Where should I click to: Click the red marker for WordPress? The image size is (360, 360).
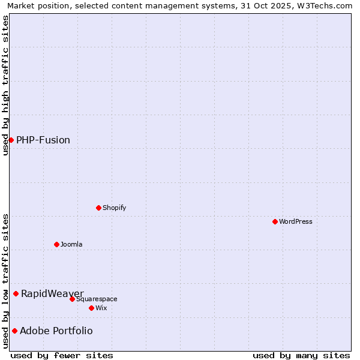[275, 221]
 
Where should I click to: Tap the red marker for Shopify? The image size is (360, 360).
[98, 208]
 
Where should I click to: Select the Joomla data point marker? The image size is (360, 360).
[56, 244]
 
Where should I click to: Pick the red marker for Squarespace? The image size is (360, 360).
[72, 299]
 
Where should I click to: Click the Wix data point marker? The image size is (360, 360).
[91, 308]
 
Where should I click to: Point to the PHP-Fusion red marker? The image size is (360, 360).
[11, 140]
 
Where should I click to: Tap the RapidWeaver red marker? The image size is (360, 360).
[16, 293]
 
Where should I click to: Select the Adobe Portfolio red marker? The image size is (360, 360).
[14, 331]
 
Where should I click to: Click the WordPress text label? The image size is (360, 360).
[296, 221]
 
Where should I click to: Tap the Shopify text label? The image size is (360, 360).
[115, 208]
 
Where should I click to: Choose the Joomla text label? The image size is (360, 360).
[71, 244]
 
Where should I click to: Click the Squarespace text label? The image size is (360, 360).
[97, 299]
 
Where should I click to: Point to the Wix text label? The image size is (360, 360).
[101, 308]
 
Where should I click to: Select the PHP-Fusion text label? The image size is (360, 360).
[43, 140]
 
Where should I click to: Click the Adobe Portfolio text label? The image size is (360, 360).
[56, 331]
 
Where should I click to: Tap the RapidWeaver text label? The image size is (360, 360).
[52, 293]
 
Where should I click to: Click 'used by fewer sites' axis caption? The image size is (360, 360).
[62, 355]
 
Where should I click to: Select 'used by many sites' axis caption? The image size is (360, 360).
[301, 355]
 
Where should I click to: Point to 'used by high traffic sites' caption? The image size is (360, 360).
[6, 85]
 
